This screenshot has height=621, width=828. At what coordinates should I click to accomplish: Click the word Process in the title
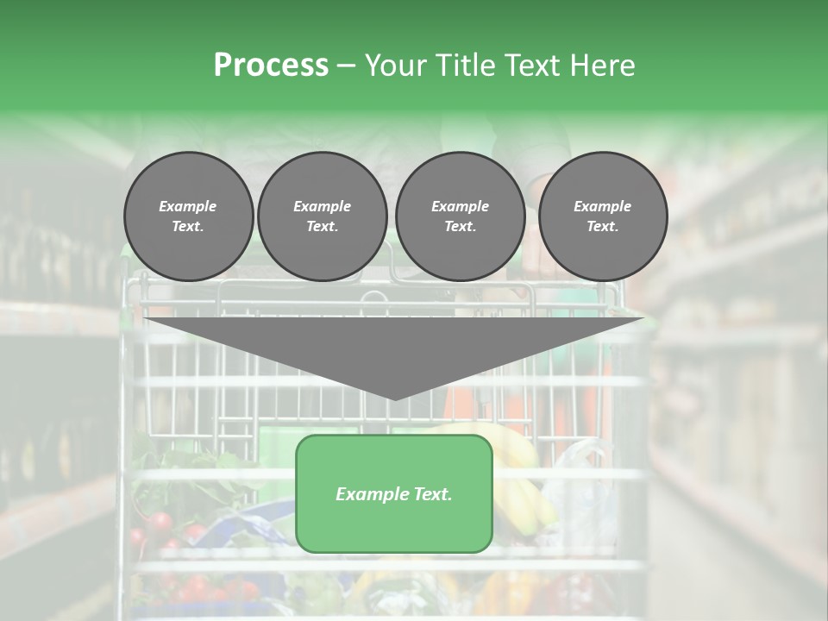[x=271, y=65]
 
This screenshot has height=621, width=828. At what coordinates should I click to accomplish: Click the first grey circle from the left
[x=188, y=216]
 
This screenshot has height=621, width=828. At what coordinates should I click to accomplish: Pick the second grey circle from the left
[x=322, y=216]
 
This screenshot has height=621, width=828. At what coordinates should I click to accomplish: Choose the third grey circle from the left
[x=460, y=216]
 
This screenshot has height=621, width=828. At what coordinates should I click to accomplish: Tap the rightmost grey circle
[x=602, y=216]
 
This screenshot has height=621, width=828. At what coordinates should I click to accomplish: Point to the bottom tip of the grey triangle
[x=394, y=398]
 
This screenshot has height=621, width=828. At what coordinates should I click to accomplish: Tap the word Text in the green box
[x=432, y=494]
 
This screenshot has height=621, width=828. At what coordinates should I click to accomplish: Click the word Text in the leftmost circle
[x=187, y=227]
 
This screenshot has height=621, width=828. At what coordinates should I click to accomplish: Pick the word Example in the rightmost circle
[x=602, y=206]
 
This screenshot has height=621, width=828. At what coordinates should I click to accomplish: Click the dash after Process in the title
[x=347, y=65]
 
